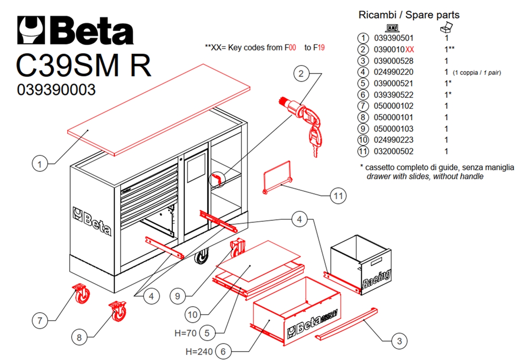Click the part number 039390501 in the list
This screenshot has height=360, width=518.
[x=394, y=38]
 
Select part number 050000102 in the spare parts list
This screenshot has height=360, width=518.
[x=394, y=106]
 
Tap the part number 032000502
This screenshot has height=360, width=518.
[x=394, y=151]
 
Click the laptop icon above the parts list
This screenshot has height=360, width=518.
[x=393, y=28]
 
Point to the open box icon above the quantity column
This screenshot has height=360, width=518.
[x=446, y=27]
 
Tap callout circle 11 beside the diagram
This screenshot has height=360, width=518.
[x=338, y=196]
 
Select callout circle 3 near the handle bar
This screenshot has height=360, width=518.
[x=399, y=341]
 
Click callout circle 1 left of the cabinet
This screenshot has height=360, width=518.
[x=40, y=164]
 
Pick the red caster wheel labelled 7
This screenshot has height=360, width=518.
[x=81, y=293]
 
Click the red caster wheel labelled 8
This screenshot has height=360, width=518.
[x=118, y=311]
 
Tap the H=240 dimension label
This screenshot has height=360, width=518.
[x=199, y=352]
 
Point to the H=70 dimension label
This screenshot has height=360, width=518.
[x=186, y=333]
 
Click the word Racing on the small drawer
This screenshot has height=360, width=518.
[x=377, y=279]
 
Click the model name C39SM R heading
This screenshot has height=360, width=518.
[x=84, y=66]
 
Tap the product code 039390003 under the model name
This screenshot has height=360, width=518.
[x=56, y=89]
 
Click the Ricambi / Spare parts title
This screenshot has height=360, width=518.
[x=409, y=15]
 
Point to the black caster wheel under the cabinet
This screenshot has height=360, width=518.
[x=201, y=256]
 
